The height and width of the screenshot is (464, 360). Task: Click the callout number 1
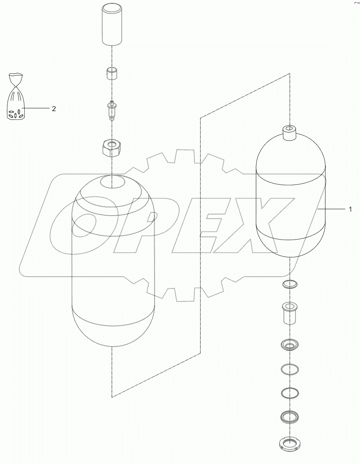pos(350,210)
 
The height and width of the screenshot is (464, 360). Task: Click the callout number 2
pos(54,109)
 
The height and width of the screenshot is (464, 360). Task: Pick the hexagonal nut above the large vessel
pos(112,148)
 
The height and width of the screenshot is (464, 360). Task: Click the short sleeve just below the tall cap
pos(112,74)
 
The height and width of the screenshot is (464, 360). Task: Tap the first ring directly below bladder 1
pos(290,284)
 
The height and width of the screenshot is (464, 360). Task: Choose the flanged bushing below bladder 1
pos(290,313)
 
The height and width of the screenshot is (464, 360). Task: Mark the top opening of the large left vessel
pos(112,180)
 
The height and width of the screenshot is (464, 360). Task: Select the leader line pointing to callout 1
pos(332,210)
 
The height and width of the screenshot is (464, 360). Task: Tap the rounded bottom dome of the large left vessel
pos(112,329)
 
